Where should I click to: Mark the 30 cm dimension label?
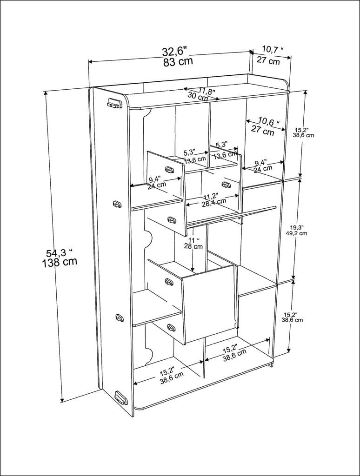(x=198, y=97)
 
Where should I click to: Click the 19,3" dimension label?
(x=296, y=227)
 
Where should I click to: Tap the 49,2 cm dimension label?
(x=296, y=233)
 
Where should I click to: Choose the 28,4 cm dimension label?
(x=213, y=203)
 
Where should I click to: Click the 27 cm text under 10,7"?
(x=268, y=61)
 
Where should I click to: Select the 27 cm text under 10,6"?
(x=262, y=130)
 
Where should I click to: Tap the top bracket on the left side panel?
(x=114, y=103)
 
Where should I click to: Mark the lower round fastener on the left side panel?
(x=120, y=318)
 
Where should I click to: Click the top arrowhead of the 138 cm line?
(x=46, y=93)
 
